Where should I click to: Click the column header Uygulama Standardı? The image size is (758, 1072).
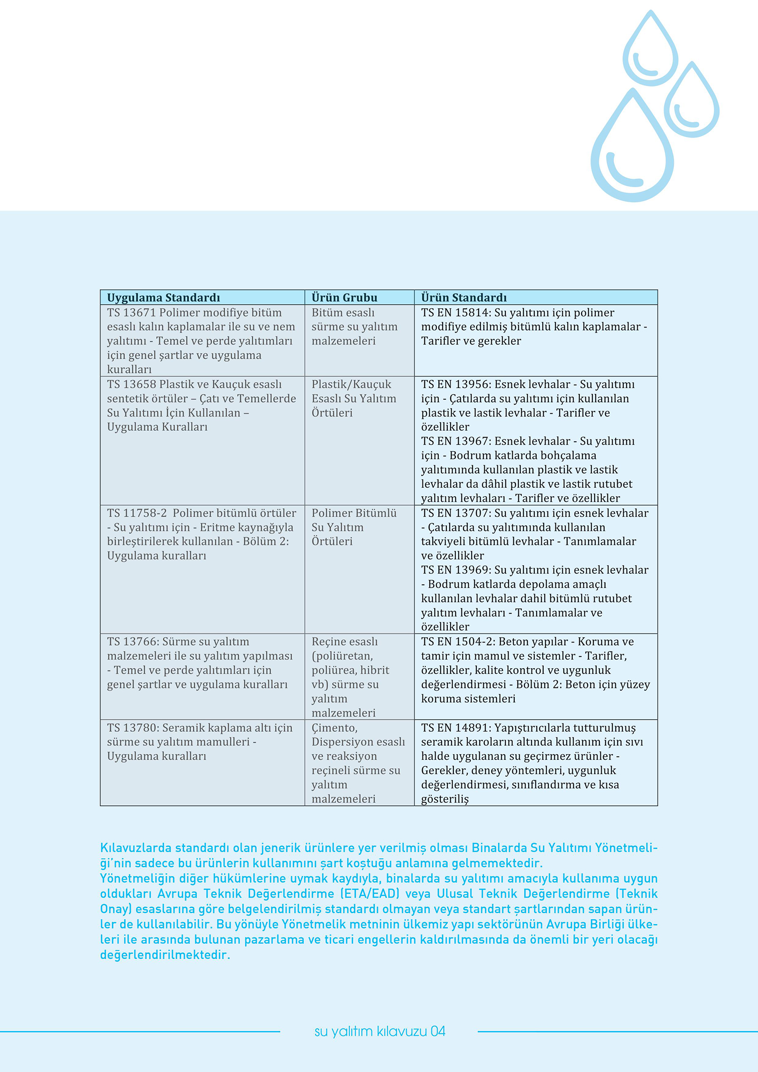pos(163,298)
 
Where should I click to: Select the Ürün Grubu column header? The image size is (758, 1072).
pos(344,298)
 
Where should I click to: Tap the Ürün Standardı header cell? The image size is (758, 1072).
pos(464,298)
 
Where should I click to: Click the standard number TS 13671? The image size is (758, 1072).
pos(131,313)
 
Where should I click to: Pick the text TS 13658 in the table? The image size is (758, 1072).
pos(131,384)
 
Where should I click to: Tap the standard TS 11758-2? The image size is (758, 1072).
pos(137,513)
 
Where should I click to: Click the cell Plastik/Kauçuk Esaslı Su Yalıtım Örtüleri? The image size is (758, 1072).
pos(354,398)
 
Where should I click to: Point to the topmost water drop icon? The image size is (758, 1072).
pos(650,49)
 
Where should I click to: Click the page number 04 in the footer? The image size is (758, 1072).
pos(438,1032)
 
